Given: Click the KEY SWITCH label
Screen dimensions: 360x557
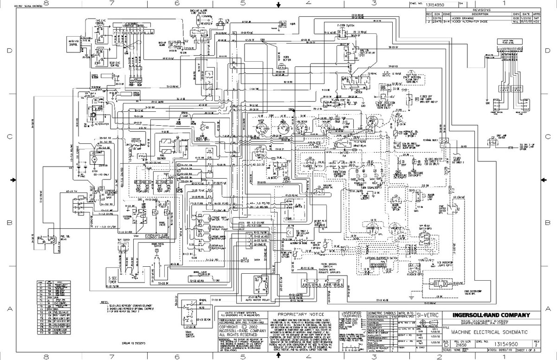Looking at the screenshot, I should [357, 91].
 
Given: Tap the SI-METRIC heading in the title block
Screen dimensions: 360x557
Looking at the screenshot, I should [425, 315].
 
